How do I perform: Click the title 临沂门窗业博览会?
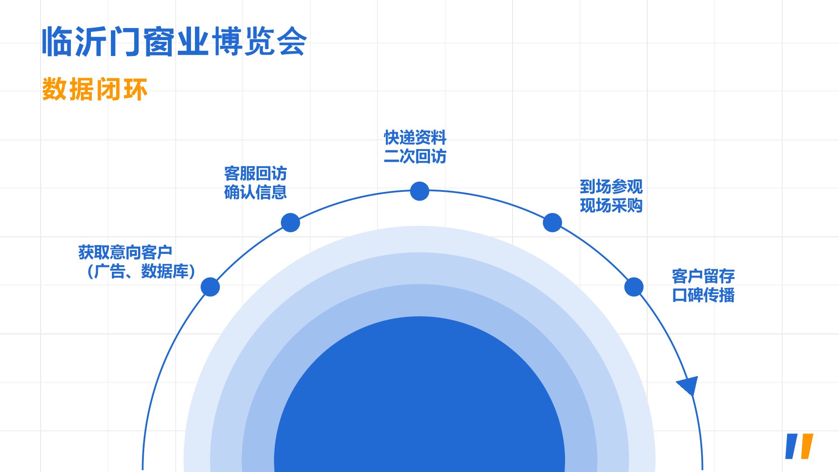click(174, 42)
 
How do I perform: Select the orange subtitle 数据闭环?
click(95, 89)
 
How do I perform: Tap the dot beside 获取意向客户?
click(210, 287)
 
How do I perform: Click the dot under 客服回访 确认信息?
click(291, 222)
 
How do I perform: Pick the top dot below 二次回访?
click(419, 191)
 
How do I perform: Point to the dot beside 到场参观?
click(552, 222)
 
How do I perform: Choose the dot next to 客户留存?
click(634, 287)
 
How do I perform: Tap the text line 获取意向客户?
click(125, 252)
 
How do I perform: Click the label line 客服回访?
click(256, 174)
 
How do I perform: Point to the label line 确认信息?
click(256, 192)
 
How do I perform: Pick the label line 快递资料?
click(415, 137)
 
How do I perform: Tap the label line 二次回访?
click(415, 156)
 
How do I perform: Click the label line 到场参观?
click(611, 187)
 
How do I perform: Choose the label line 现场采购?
click(611, 205)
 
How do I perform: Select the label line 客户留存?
click(704, 276)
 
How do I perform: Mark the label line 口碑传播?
click(704, 295)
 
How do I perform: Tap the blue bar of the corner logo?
click(792, 446)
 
